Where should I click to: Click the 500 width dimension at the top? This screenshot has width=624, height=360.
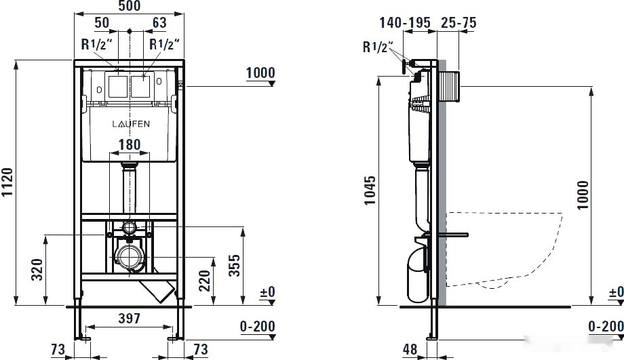point(130,5)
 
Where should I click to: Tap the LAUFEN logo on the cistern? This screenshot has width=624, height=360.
point(131,124)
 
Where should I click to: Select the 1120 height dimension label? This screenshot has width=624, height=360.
point(7,182)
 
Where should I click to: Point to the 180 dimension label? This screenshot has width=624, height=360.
point(130,144)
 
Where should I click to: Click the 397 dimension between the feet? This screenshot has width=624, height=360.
point(130,318)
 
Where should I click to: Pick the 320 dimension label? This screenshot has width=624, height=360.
point(37,269)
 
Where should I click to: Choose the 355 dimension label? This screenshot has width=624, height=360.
point(235,265)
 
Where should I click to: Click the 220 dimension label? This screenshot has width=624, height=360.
point(205,281)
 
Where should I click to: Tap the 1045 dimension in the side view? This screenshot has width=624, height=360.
point(370,191)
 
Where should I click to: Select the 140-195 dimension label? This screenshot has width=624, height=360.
point(405,22)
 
